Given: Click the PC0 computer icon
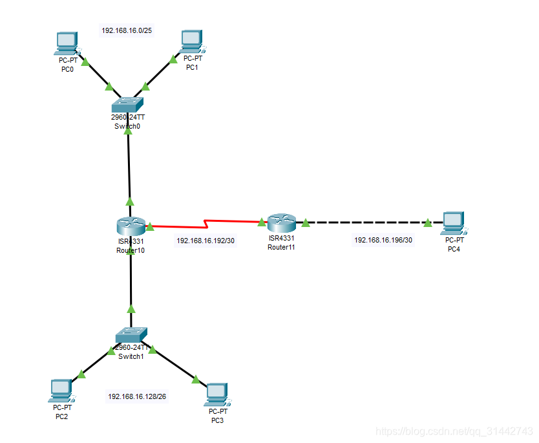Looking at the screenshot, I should coord(67,43).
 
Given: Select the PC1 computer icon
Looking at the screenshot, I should coord(191,41).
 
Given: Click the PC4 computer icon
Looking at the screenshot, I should coord(453,222).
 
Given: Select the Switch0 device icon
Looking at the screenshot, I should coord(127,104).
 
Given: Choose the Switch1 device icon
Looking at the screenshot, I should coord(132,335).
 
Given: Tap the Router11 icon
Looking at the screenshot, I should coord(282,224).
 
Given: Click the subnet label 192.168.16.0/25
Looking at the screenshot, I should coord(127,30).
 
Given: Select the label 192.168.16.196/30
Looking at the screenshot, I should coord(383,240).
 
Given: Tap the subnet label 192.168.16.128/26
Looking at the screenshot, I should coord(137,396).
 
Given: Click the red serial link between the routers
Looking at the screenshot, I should coord(207,224).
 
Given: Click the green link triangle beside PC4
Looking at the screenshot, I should coord(427,223).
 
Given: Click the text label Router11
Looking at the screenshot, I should coord(281,246).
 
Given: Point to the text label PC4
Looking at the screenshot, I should coord(454,249).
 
